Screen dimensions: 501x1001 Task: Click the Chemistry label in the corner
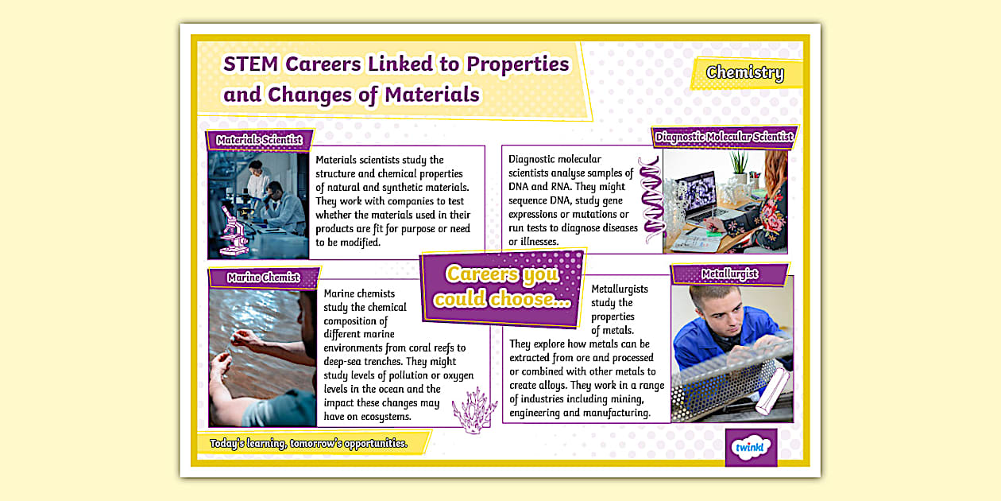pyautogui.click(x=744, y=73)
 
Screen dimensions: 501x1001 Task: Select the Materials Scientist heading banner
pyautogui.click(x=260, y=140)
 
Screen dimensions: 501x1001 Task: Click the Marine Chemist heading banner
pyautogui.click(x=263, y=278)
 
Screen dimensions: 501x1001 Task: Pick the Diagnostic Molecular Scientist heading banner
pyautogui.click(x=724, y=137)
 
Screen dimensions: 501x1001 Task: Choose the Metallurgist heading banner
pyautogui.click(x=729, y=274)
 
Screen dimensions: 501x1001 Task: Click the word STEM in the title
pyautogui.click(x=250, y=64)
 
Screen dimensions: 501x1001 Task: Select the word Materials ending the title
pyautogui.click(x=432, y=95)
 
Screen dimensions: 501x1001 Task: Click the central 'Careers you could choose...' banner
pyautogui.click(x=502, y=287)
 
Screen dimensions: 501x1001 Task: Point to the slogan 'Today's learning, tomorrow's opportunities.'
pyautogui.click(x=308, y=443)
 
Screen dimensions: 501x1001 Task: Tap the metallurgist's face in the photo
pyautogui.click(x=709, y=303)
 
